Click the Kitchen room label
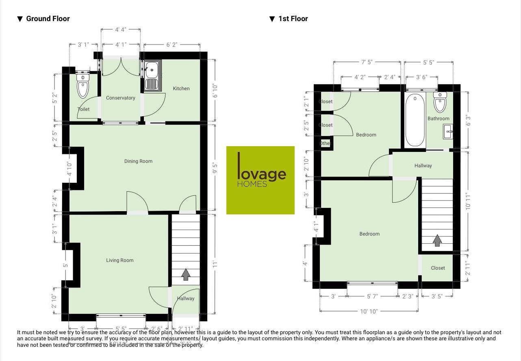(181, 89)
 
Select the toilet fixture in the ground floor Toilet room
(83, 86)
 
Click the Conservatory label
(120, 98)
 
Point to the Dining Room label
(138, 161)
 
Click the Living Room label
(119, 260)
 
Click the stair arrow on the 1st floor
(437, 240)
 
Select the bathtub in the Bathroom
(415, 120)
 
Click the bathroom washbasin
(448, 132)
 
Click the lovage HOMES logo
(260, 180)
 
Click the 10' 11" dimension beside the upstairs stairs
(468, 201)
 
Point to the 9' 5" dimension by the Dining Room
(215, 168)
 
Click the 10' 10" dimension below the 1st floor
(369, 311)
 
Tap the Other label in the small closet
(325, 143)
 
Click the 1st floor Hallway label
(423, 166)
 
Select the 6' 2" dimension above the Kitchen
(171, 45)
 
